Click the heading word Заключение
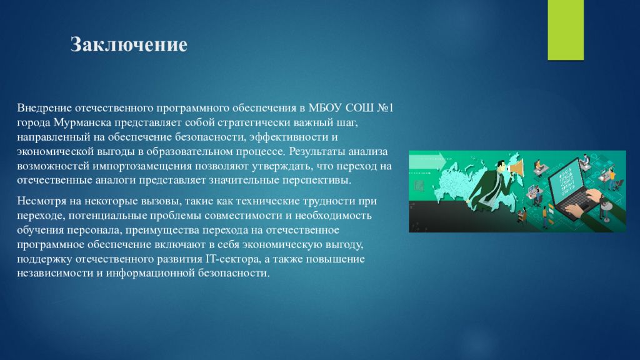click(129, 44)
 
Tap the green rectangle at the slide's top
click(566, 30)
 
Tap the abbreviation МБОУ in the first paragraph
click(325, 108)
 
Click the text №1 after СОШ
click(385, 108)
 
